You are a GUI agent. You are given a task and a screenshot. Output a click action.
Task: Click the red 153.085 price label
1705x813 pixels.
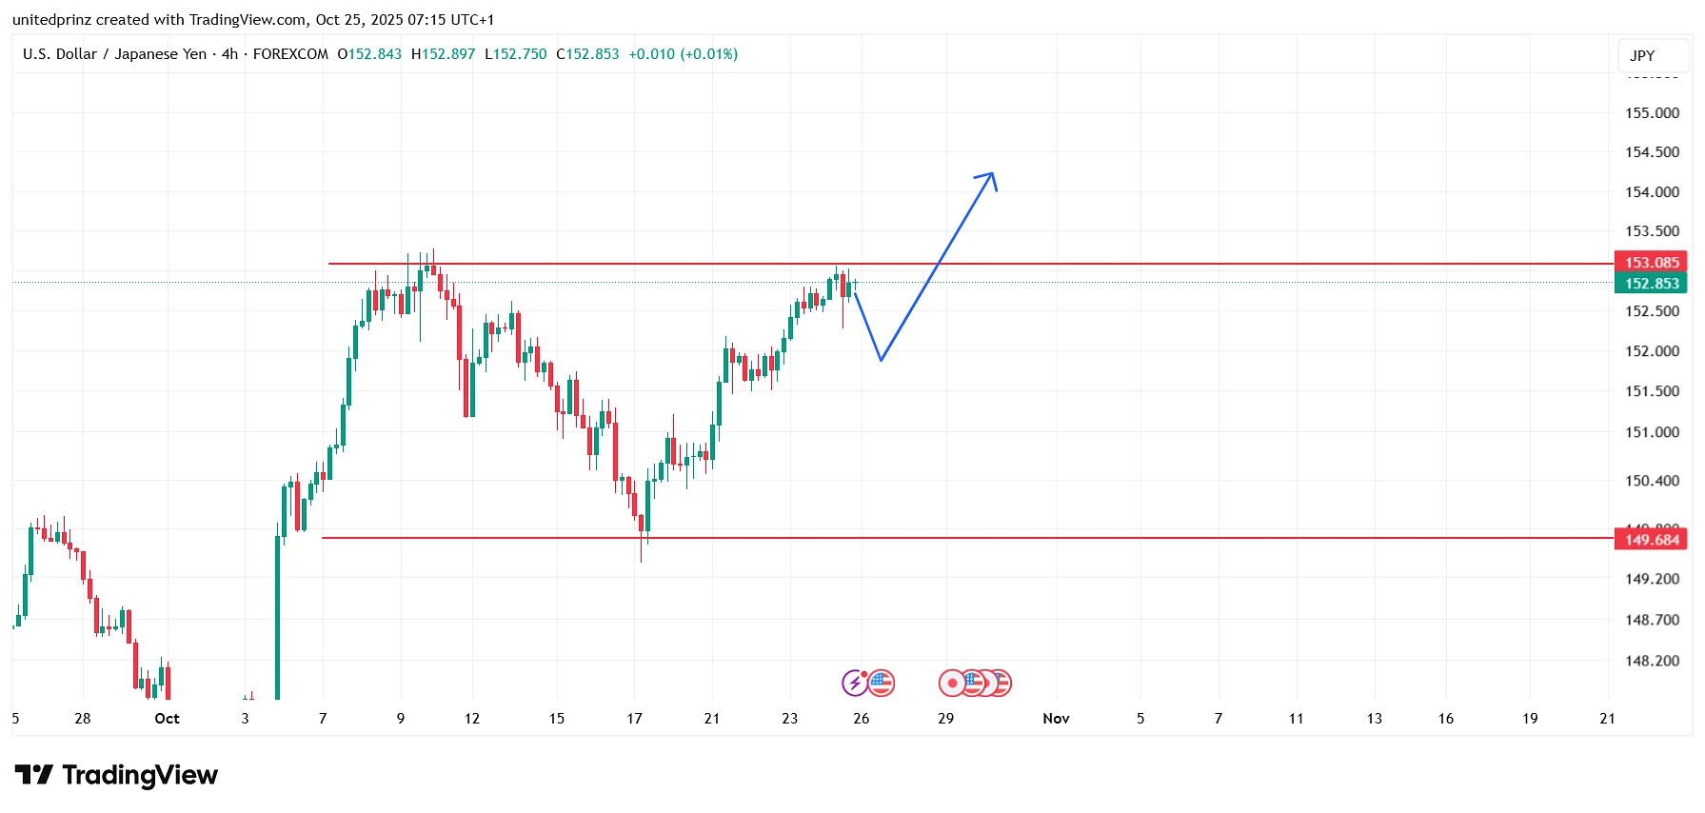tap(1651, 262)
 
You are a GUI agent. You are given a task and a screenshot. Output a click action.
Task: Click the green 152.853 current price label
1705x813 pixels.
tap(1651, 284)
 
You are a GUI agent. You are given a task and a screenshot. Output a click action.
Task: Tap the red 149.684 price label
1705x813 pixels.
tap(1651, 540)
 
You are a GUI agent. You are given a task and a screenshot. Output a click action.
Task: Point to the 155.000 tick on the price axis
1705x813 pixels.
tap(1652, 112)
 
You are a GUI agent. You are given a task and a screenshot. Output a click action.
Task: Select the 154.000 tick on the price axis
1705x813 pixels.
tap(1652, 191)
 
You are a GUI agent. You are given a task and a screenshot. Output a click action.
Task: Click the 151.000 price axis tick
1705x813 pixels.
tap(1652, 431)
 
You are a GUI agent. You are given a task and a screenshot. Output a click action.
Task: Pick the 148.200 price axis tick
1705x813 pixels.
tap(1652, 660)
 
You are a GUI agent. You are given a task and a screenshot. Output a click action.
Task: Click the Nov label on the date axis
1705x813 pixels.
tap(1056, 718)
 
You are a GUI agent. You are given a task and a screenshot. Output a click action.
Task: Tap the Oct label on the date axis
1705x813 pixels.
tap(167, 718)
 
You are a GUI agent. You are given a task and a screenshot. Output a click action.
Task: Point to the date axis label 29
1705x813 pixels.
tap(945, 718)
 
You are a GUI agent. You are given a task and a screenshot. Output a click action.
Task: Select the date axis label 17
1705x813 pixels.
tap(634, 718)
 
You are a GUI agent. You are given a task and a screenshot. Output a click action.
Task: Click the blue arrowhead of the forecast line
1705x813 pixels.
tap(991, 175)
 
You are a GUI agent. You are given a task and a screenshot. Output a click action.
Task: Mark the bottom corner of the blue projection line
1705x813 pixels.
tap(882, 360)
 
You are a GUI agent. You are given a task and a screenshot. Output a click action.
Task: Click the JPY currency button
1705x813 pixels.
tap(1642, 55)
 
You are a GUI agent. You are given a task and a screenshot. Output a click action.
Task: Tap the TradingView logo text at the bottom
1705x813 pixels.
tap(139, 775)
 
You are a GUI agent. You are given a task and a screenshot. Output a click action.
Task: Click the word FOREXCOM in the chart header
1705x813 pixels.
tap(290, 54)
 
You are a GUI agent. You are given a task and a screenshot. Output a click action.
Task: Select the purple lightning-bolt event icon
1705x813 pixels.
tap(854, 683)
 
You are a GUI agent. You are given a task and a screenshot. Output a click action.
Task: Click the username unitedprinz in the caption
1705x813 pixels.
tap(52, 19)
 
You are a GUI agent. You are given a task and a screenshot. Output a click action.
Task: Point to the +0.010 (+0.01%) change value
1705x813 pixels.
tap(683, 54)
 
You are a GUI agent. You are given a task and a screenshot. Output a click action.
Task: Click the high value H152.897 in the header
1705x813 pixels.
tap(443, 54)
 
